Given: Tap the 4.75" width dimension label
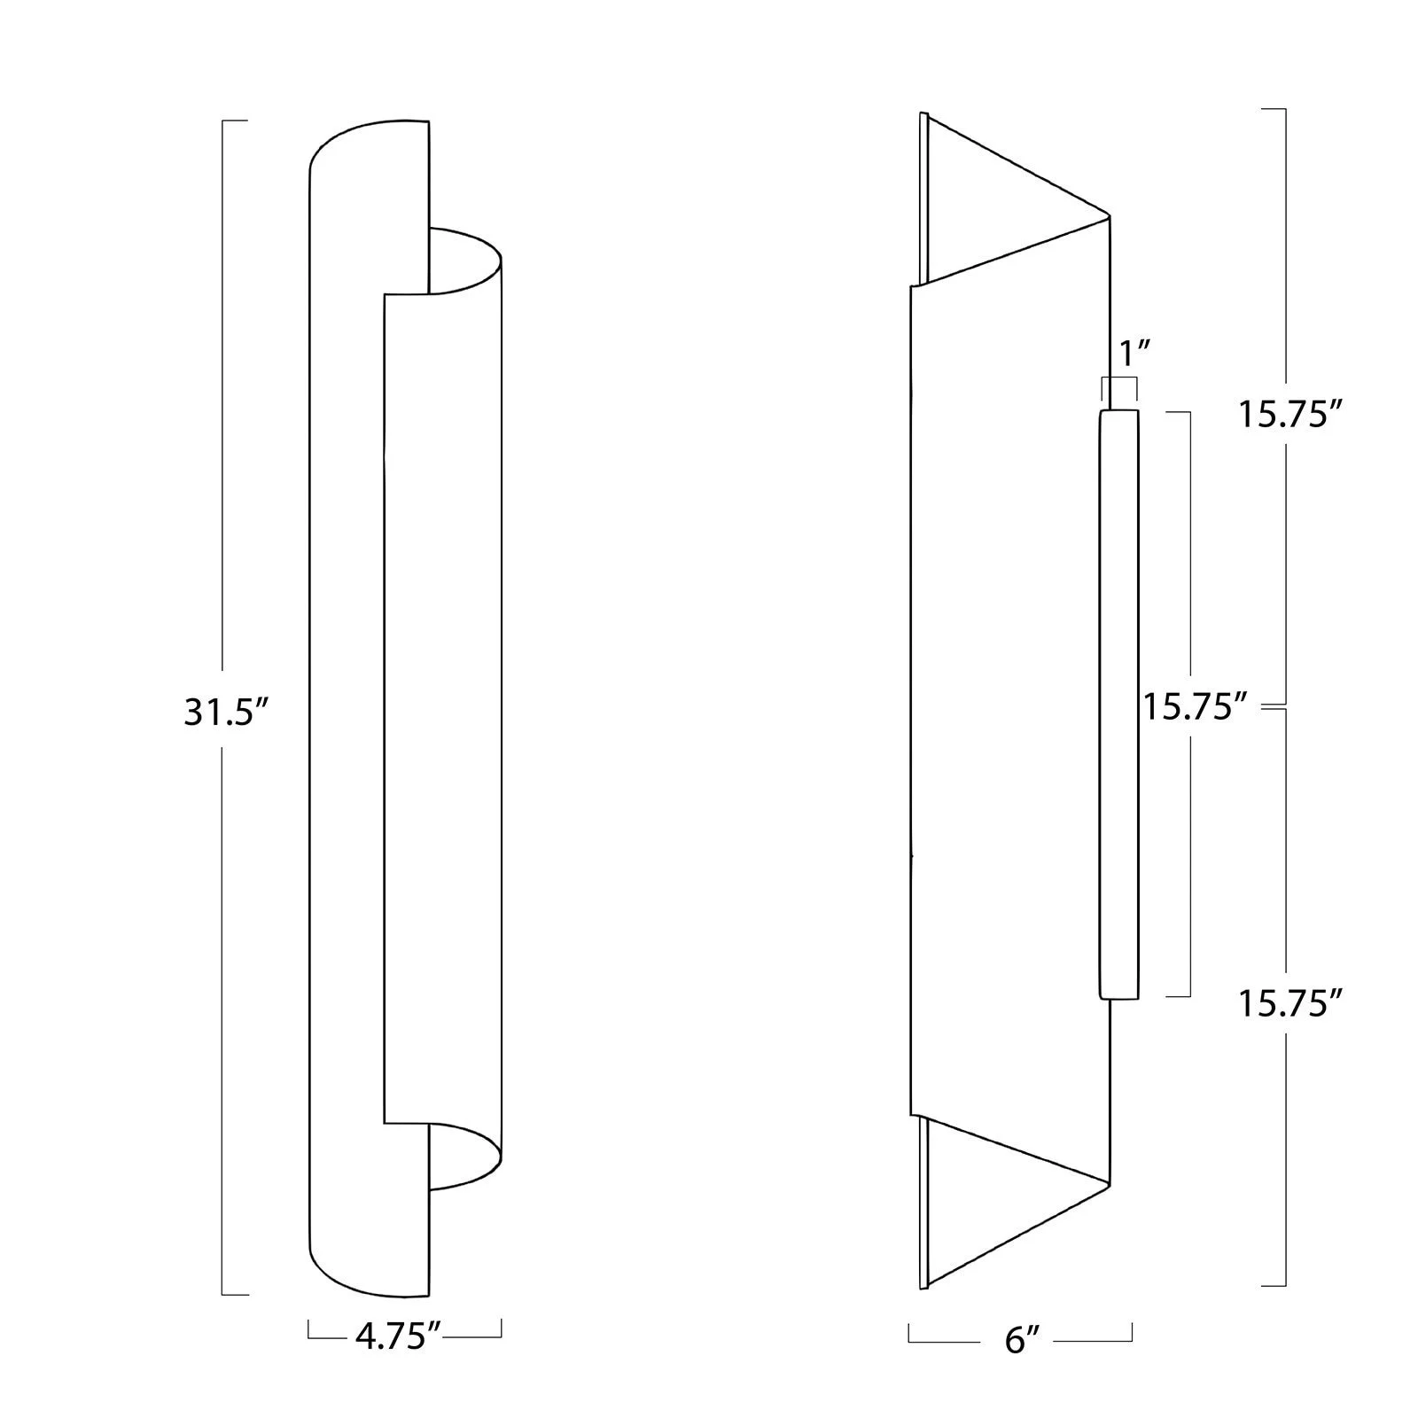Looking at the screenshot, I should click(x=398, y=1336).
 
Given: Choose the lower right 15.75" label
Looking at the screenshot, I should click(x=1289, y=1005).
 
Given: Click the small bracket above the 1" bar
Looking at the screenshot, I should click(x=1118, y=381).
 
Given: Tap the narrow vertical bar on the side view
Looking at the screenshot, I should click(x=1118, y=705).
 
